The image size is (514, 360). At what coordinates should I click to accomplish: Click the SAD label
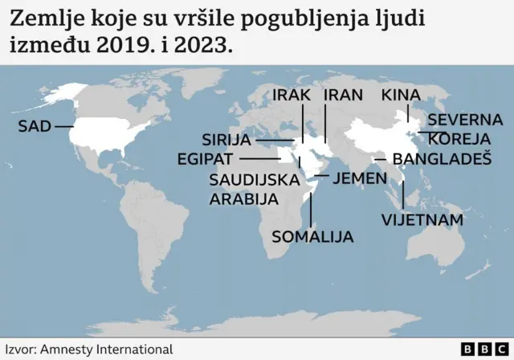tap(33, 126)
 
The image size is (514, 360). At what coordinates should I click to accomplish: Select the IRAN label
tap(343, 95)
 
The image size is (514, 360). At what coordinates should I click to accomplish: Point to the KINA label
tap(400, 95)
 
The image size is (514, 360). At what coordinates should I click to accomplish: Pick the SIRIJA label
tap(226, 141)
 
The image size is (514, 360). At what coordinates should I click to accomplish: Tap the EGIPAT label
tap(206, 158)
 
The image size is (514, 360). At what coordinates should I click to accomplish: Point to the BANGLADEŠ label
tap(442, 158)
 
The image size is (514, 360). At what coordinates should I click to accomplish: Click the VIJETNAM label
tap(422, 219)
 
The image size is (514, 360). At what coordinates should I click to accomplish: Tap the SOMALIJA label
tap(312, 236)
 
